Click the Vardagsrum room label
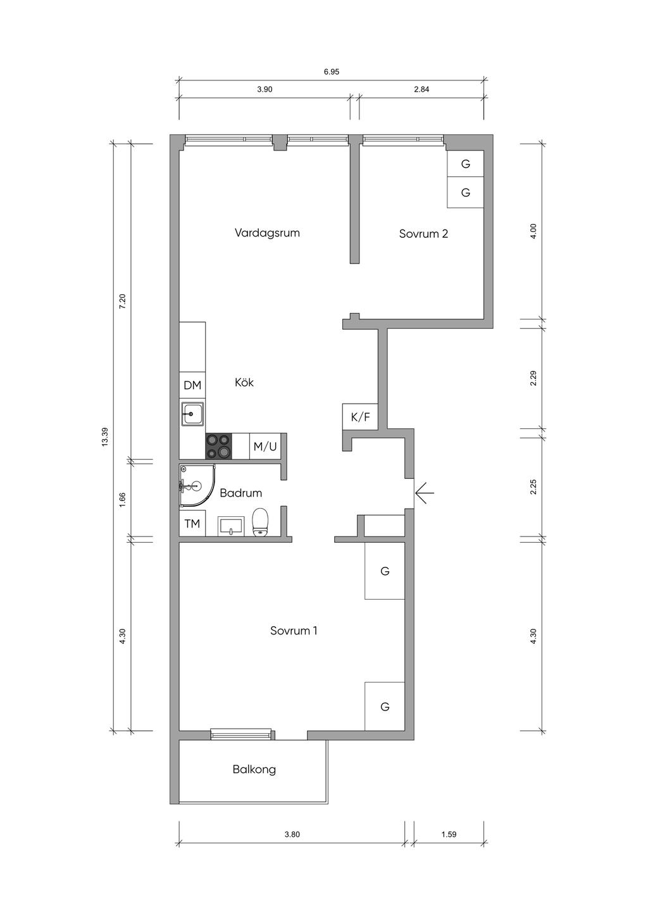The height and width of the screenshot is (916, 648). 267,233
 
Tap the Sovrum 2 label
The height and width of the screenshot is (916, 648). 423,233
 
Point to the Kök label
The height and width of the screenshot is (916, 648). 244,382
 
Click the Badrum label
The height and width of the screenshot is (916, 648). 240,493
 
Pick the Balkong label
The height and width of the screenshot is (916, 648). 254,769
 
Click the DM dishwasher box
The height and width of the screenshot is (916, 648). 192,385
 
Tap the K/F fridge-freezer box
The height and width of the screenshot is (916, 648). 360,417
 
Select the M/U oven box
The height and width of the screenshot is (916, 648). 265,446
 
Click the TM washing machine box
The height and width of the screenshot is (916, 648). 192,523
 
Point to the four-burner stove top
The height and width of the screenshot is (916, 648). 219,446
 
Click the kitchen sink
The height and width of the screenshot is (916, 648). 192,414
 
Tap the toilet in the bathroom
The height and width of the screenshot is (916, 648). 259,522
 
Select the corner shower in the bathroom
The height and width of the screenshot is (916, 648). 197,486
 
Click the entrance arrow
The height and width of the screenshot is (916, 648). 424,493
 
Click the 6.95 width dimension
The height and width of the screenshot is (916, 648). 332,72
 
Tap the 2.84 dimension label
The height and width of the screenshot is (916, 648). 421,90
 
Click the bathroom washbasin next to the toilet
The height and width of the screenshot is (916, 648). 232,526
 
